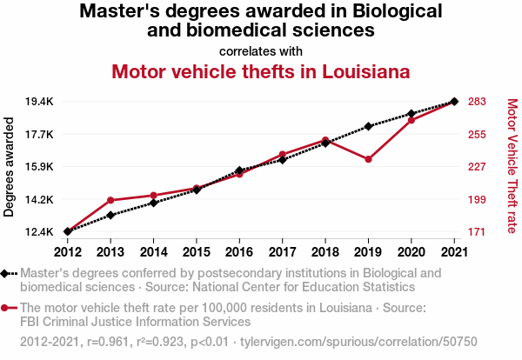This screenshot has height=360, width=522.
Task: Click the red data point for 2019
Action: pos(368,159)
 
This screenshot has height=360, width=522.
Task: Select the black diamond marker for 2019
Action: pos(368,126)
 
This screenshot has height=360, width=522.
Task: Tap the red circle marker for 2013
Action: pos(110,200)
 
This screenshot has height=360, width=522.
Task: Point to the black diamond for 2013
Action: pos(110,216)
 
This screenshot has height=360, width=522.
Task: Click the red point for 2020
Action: pos(412,120)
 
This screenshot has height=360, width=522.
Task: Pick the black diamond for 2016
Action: pos(239,170)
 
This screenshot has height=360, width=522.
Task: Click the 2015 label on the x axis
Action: pos(197,252)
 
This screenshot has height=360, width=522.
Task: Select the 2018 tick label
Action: pos(325,252)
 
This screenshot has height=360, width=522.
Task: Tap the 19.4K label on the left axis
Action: pos(39,102)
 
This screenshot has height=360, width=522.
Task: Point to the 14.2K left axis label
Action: pos(39,200)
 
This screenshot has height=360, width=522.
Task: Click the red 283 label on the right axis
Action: pos(477,102)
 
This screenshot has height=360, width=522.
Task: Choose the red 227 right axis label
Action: pos(477,166)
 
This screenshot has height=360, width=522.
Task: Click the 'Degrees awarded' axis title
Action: pos(9,167)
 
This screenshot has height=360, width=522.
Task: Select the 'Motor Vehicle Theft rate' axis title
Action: pos(512,166)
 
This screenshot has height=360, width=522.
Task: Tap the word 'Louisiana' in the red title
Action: pos(366,71)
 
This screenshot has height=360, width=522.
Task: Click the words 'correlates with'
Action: pos(261,51)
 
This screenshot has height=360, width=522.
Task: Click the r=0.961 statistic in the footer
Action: pos(108,342)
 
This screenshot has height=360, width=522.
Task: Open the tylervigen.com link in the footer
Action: pos(358,342)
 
